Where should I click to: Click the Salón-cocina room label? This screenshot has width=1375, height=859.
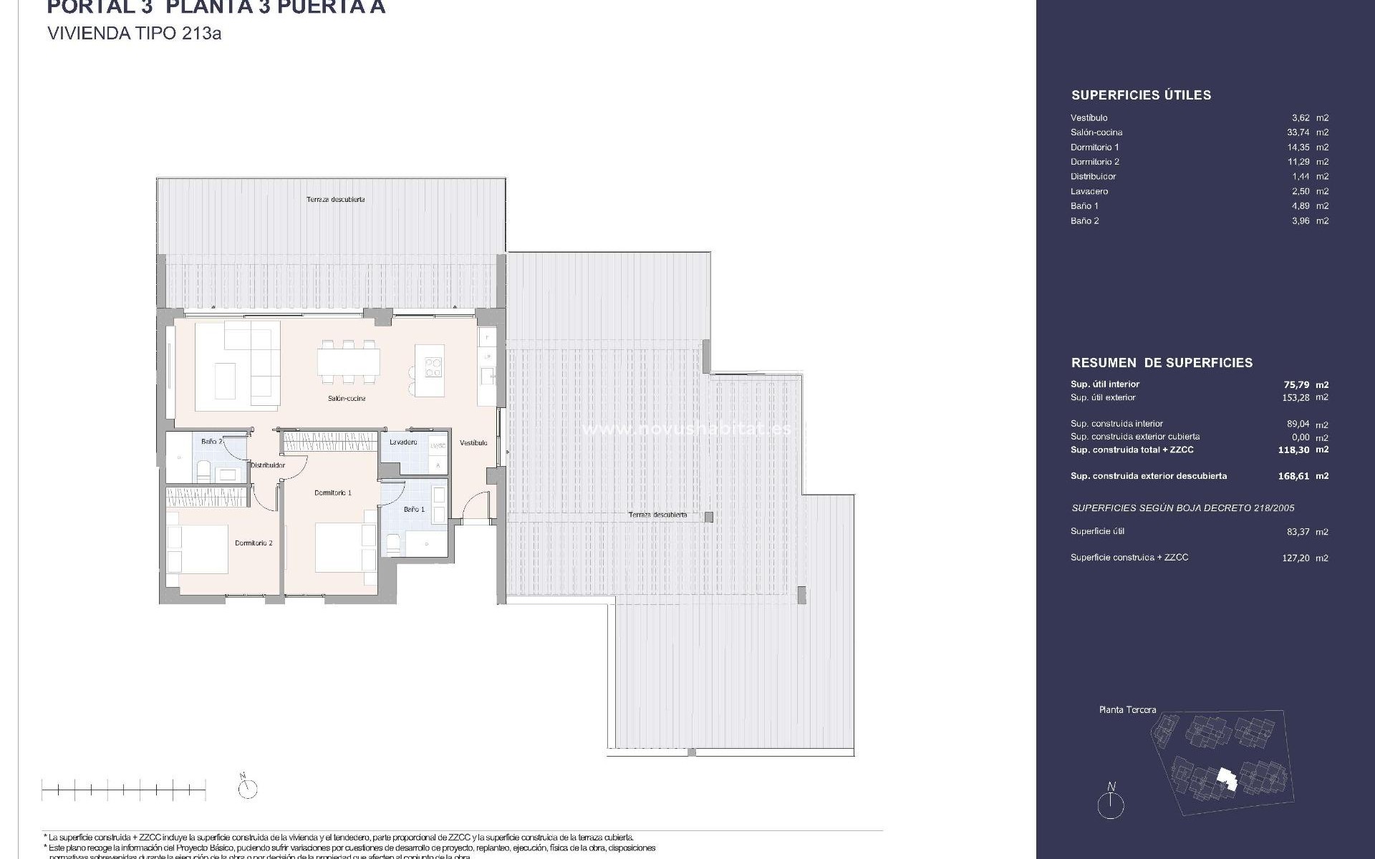click(x=347, y=399)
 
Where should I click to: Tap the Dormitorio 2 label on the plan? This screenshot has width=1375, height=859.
click(x=254, y=543)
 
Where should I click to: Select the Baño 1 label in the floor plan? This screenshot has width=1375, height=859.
click(x=414, y=510)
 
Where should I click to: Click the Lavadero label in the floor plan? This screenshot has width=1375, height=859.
click(x=403, y=442)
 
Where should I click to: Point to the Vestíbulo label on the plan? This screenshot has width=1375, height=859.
click(x=473, y=442)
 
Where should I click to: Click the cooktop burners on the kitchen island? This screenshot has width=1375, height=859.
click(x=433, y=367)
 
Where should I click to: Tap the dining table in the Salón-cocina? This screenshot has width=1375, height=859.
click(x=349, y=360)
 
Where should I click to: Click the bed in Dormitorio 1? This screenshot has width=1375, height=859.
click(x=345, y=548)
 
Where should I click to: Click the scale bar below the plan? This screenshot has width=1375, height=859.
click(x=124, y=790)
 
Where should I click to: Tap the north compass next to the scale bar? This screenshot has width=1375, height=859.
click(x=248, y=788)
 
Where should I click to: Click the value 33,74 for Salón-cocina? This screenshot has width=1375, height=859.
click(x=1298, y=132)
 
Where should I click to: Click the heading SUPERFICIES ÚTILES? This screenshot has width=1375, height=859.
click(x=1141, y=95)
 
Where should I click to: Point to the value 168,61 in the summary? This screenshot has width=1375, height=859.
click(x=1295, y=476)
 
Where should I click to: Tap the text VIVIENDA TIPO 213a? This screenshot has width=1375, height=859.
click(x=134, y=34)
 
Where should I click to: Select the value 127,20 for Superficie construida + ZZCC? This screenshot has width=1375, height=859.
click(x=1296, y=558)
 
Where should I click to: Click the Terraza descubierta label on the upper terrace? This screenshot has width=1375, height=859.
click(x=335, y=200)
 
